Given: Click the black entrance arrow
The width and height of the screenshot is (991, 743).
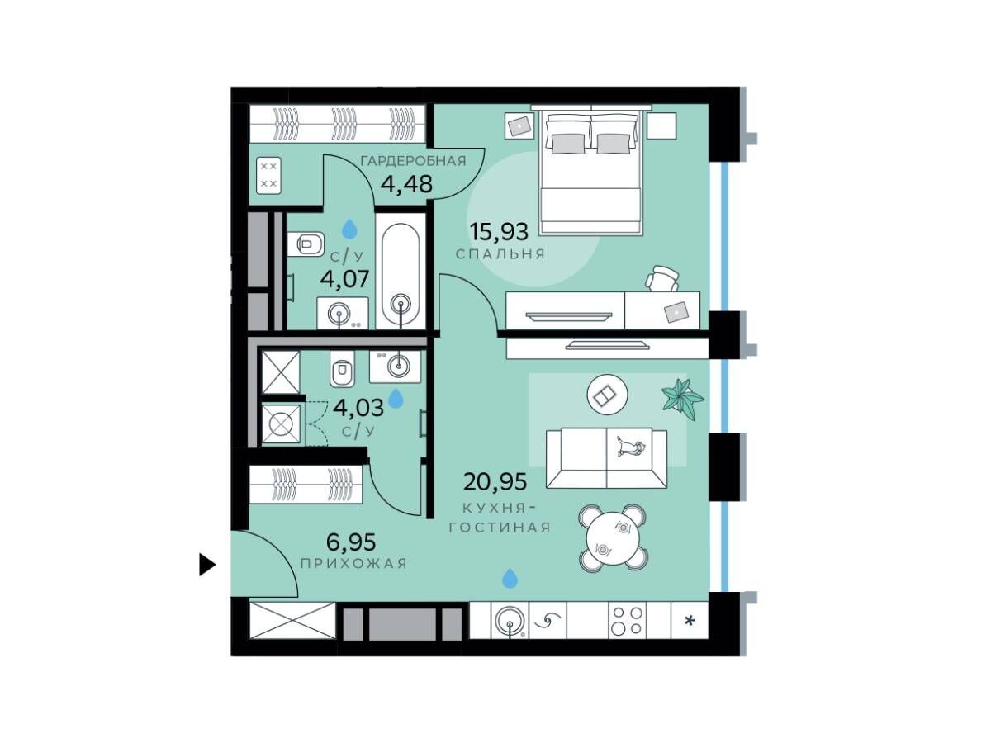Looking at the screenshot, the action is tap(206, 565).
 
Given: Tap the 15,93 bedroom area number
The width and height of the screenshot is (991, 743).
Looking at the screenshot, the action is tap(499, 232).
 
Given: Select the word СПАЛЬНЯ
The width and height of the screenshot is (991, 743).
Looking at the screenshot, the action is tap(500, 254).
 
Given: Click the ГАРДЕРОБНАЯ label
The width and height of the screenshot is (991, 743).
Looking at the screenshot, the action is tap(413, 161).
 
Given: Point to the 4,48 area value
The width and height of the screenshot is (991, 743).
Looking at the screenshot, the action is tap(407, 183).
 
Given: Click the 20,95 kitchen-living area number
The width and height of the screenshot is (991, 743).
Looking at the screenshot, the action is tap(495, 482).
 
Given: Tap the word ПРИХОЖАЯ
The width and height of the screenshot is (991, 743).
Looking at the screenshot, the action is tap(354, 564).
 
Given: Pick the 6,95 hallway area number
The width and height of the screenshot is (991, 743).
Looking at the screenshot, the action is tap(351, 542).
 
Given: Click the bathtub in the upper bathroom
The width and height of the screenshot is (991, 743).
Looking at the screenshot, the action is tap(401, 271).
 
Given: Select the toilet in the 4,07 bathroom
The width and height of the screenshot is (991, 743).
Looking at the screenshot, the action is tap(306, 244).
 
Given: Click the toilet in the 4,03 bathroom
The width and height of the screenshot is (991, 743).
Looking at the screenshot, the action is tap(342, 368).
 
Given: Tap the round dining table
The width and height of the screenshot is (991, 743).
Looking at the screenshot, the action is tap(614, 538).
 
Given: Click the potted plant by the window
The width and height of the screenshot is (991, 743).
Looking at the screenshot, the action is tap(682, 398).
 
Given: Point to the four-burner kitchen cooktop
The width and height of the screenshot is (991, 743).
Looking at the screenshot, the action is tap(627, 621).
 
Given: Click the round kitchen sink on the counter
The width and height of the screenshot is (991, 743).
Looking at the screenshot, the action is tap(510, 622).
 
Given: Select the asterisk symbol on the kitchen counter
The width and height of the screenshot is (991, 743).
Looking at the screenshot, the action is tap(690, 621).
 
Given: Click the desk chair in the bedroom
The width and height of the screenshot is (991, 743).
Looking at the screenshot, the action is tap(662, 279).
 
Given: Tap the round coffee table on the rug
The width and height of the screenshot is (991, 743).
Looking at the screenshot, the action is tap(607, 395).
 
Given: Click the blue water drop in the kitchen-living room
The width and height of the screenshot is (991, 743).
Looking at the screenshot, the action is tap(510, 579).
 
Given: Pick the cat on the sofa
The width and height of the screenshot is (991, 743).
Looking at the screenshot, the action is tap(631, 446).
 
